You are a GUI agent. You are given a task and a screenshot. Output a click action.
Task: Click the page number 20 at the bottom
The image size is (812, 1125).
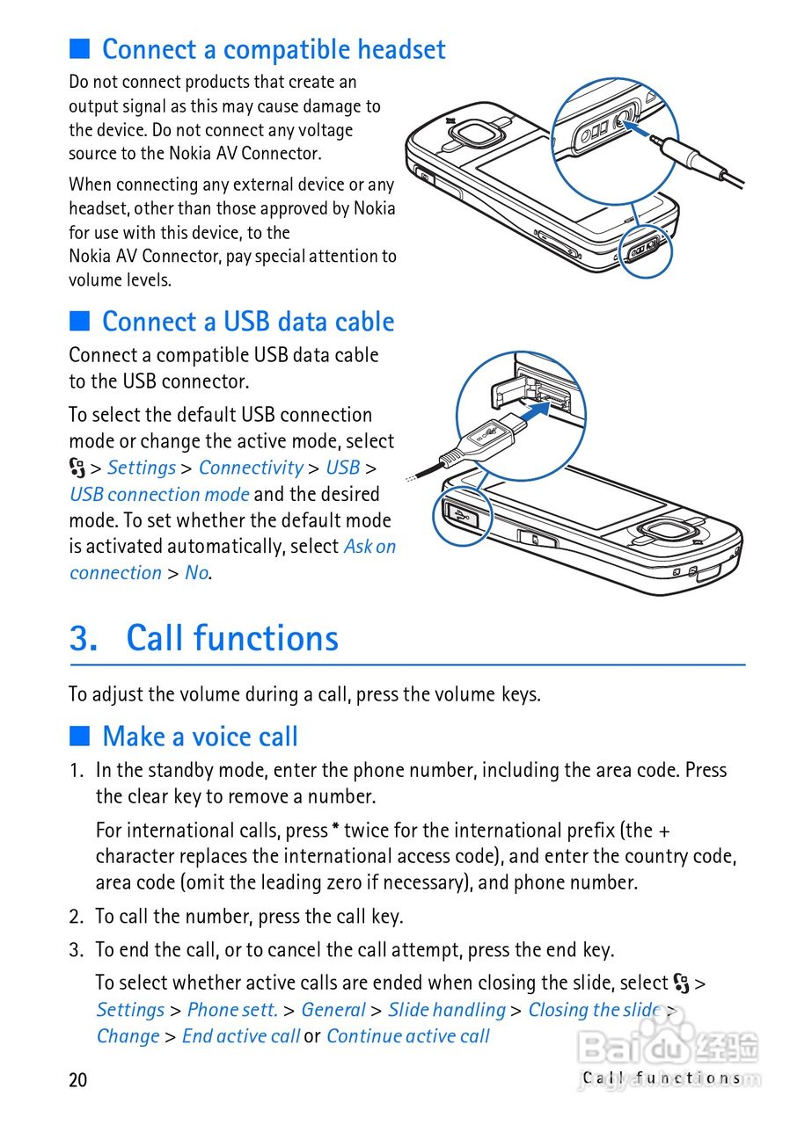coord(78,1079)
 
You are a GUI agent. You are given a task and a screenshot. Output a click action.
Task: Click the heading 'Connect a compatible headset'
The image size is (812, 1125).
coord(274,49)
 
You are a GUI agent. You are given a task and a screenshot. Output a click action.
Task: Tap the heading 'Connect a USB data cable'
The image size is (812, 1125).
coord(248,322)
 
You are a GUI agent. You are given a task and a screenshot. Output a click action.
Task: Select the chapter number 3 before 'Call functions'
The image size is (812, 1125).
coord(83,638)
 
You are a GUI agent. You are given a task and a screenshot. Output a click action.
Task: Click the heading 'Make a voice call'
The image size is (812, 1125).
coord(200,737)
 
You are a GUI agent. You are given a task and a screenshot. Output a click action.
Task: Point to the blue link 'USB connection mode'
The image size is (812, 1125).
coord(159,494)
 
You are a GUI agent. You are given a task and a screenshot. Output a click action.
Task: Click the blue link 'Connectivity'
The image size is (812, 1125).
coord(251,468)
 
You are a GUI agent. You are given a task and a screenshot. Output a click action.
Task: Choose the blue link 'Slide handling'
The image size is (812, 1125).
coord(447,1010)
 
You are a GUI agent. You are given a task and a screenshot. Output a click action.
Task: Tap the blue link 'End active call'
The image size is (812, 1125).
coord(241,1036)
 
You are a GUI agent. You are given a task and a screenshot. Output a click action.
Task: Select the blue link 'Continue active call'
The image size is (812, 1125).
coord(408,1036)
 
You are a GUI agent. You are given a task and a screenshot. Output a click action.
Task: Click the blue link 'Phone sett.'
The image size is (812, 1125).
coord(232,1010)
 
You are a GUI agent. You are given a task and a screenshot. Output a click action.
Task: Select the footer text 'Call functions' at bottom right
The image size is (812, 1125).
coord(662,1078)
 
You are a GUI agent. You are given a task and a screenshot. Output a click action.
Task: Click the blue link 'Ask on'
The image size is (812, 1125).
coord(369,547)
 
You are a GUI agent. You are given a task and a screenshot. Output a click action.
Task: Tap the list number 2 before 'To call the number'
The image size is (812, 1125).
coord(76,917)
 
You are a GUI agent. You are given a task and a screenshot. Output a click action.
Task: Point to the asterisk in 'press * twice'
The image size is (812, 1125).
coord(335,830)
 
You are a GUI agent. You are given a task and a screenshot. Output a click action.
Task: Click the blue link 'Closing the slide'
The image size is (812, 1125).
coord(594,1010)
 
